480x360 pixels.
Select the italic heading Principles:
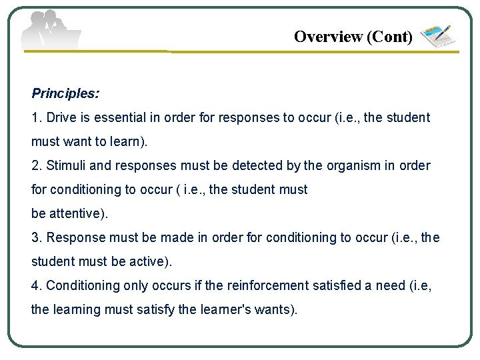pyautogui.click(x=65, y=93)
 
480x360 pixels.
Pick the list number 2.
pyautogui.click(x=35, y=166)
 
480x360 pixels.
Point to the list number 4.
pyautogui.click(x=35, y=286)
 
